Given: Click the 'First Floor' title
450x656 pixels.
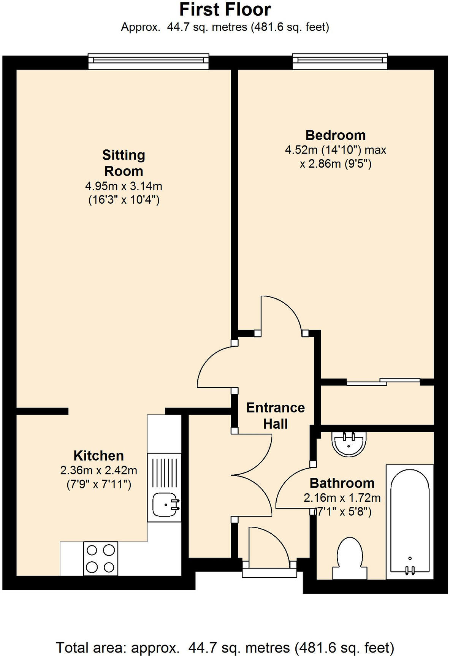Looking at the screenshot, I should point(225,10).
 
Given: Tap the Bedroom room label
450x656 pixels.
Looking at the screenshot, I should point(335,135).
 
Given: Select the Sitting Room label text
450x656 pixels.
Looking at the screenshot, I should point(124,163).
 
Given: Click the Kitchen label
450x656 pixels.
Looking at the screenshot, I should point(98,455).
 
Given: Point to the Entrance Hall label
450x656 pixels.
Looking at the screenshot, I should point(275,415).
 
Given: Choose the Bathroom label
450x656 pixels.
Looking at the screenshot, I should point(342,483).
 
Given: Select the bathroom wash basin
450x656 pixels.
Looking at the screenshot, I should point(349,443).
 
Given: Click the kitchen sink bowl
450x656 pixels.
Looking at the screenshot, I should point(165,505).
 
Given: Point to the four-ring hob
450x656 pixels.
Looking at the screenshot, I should point(100,558).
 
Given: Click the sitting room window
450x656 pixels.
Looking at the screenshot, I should point(148,61).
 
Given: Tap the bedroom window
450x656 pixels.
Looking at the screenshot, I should point(340,61).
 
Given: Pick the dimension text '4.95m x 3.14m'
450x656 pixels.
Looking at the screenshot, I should point(124,186).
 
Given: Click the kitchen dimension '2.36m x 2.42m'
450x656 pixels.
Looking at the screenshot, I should point(98,471).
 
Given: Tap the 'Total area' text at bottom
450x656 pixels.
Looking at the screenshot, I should point(225,647).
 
